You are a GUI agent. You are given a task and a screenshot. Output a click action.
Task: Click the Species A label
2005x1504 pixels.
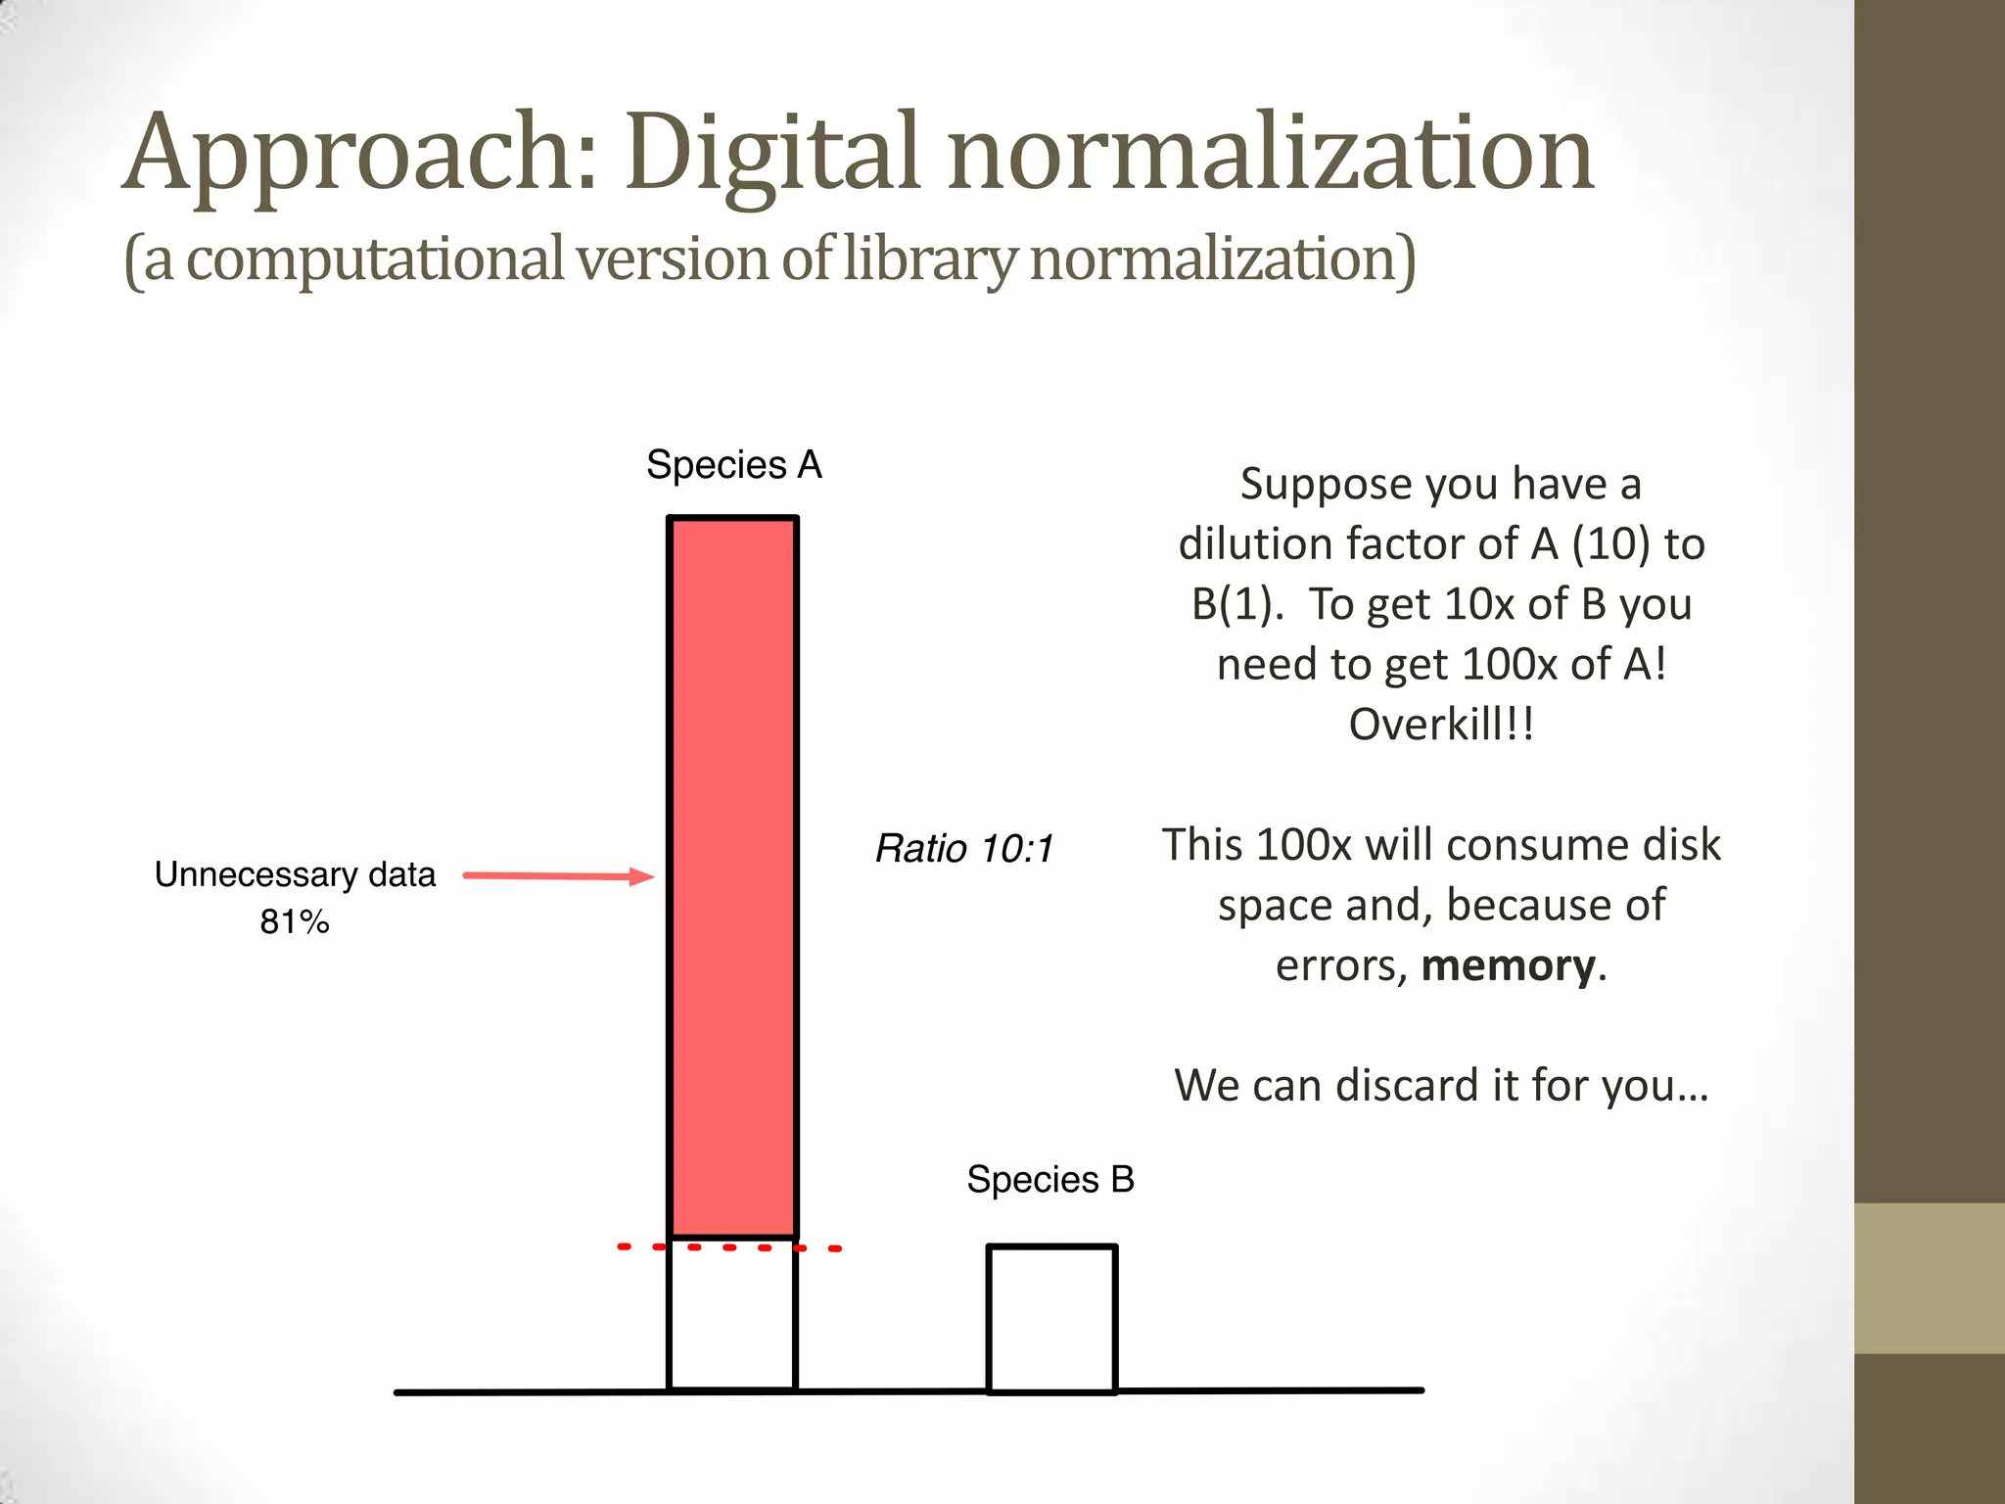[734, 464]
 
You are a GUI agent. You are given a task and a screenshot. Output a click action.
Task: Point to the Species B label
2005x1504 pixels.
[1050, 1179]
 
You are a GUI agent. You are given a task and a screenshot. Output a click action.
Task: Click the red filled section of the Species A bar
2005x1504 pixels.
[732, 876]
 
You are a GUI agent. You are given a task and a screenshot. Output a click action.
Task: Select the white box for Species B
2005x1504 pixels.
[1051, 1318]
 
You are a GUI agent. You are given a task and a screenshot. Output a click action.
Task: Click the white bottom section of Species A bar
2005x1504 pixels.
[732, 1318]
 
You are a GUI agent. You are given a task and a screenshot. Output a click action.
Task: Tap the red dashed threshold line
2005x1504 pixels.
[729, 1247]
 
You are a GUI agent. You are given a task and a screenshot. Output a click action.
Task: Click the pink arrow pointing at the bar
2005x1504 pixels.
[558, 876]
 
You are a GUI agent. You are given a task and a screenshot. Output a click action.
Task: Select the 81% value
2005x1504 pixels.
[295, 922]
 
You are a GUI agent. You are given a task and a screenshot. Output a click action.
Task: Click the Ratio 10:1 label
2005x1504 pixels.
[964, 849]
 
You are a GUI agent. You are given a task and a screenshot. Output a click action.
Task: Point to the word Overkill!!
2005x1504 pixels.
[1441, 726]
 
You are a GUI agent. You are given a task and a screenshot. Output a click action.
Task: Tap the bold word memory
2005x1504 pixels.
[1508, 966]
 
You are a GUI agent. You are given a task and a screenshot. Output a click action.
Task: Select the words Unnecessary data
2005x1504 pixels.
[295, 874]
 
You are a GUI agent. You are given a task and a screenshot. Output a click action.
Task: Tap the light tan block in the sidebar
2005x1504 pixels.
[1930, 1278]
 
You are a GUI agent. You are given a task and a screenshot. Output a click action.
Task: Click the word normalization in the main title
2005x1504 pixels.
[1271, 155]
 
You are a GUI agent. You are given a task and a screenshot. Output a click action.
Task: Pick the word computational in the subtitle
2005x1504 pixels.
[375, 259]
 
